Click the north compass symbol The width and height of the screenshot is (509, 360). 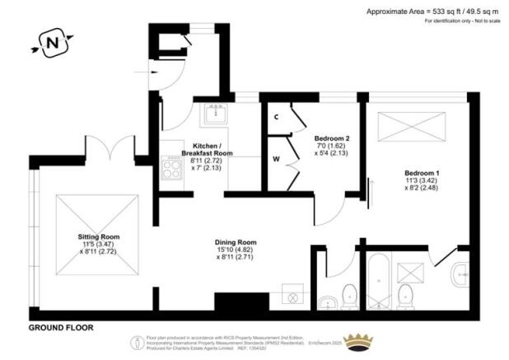pos(52,41)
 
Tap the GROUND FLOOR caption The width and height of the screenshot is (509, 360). pos(61,327)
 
